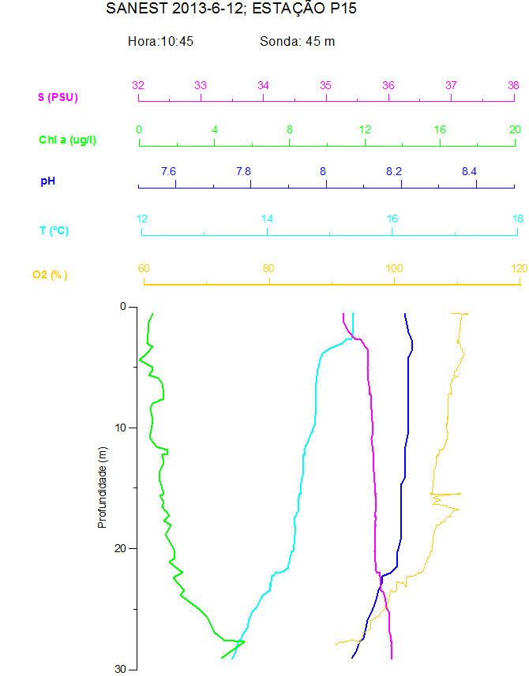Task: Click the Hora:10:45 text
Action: [161, 41]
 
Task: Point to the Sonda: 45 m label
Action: [298, 41]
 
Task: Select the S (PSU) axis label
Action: [58, 98]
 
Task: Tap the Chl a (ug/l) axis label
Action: [68, 140]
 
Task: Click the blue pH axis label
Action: [48, 181]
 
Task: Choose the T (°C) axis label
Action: [54, 231]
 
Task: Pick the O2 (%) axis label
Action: [50, 275]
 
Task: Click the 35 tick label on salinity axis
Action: [325, 85]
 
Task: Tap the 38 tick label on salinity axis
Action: [513, 85]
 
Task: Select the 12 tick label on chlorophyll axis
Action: [365, 129]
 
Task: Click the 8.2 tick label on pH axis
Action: [393, 171]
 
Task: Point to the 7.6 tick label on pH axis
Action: [168, 171]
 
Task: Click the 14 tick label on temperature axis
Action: [267, 218]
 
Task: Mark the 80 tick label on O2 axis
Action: [269, 268]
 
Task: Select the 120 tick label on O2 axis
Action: [518, 268]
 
